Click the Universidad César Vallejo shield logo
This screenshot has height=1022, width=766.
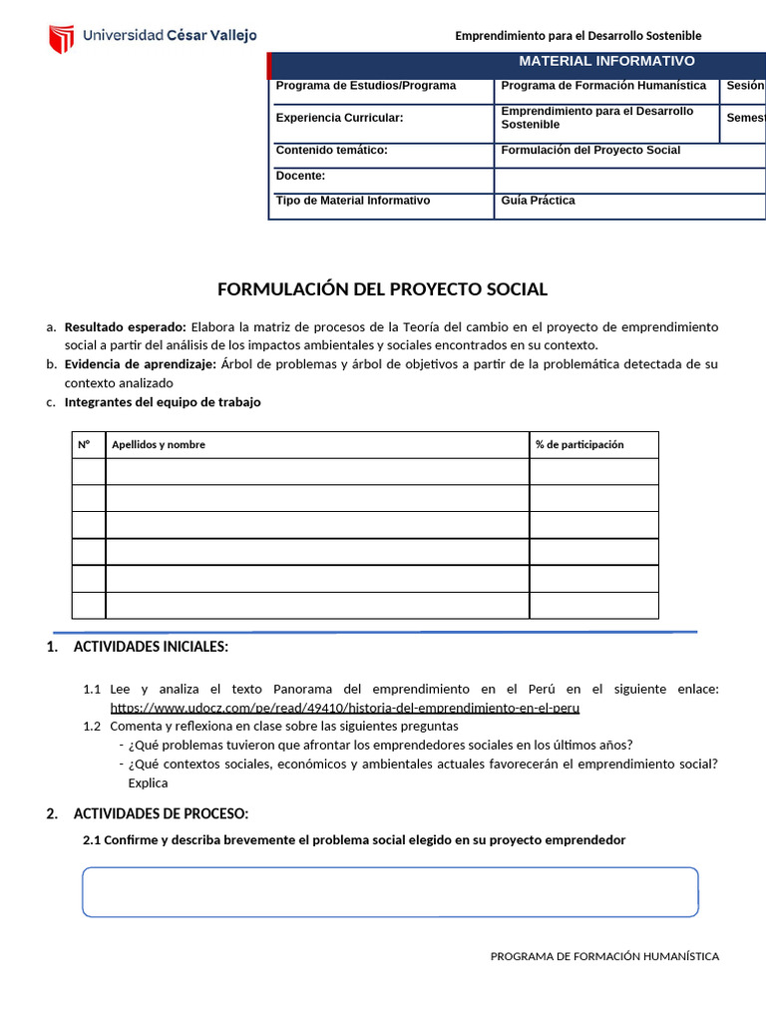pyautogui.click(x=62, y=38)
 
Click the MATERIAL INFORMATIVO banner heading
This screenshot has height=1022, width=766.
pyautogui.click(x=606, y=61)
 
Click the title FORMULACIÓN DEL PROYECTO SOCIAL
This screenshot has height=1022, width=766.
pyautogui.click(x=383, y=289)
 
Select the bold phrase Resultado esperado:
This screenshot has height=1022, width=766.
pyautogui.click(x=125, y=327)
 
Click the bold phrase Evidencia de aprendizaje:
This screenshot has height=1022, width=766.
pyautogui.click(x=140, y=364)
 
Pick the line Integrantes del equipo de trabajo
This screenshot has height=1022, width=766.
pyautogui.click(x=163, y=402)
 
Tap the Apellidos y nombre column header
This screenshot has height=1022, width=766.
pyautogui.click(x=159, y=445)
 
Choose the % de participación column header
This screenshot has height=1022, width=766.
pyautogui.click(x=579, y=445)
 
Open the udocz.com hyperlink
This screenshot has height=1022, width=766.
pyautogui.click(x=344, y=708)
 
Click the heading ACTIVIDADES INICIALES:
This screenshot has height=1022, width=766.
pyautogui.click(x=151, y=647)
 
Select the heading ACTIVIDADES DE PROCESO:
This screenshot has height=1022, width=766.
pyautogui.click(x=161, y=813)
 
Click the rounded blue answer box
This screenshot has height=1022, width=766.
pyautogui.click(x=390, y=891)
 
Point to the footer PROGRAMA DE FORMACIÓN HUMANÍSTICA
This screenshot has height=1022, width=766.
pyautogui.click(x=604, y=956)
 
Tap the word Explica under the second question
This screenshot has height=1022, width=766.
pyautogui.click(x=148, y=782)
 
